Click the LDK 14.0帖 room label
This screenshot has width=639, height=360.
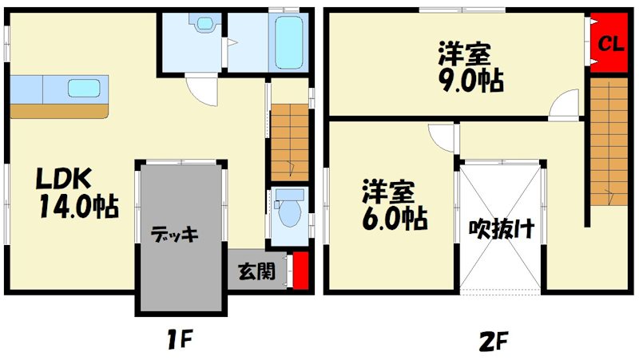click(77, 192)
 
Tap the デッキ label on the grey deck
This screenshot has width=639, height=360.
click(174, 234)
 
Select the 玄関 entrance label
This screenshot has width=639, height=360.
click(256, 271)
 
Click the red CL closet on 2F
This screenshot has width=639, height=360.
click(609, 43)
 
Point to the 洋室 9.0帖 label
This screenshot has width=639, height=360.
click(470, 67)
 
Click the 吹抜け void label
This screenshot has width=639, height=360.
click(501, 229)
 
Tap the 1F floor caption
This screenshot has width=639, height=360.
click(179, 339)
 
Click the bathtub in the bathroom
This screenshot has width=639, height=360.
click(288, 42)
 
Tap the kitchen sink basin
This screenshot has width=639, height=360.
click(84, 89)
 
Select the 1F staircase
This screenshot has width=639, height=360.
click(290, 143)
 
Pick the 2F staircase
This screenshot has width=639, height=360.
click(609, 141)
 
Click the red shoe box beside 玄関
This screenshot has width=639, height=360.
click(301, 271)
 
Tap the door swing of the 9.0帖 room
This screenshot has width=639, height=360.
click(563, 105)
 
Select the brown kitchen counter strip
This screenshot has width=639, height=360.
click(59, 111)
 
